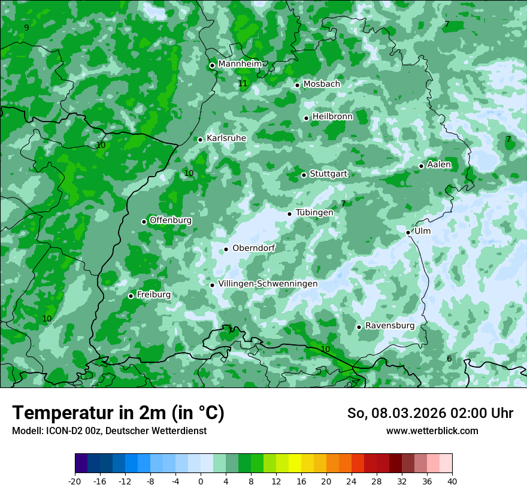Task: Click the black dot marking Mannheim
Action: (212, 66)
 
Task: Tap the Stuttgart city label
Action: (328, 174)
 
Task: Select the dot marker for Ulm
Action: (408, 232)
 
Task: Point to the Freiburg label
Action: (153, 295)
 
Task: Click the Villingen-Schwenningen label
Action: (268, 284)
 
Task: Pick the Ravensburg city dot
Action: (359, 327)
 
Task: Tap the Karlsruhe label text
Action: (226, 138)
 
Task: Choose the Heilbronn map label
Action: (332, 117)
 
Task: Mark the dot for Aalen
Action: (421, 166)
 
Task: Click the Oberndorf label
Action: (254, 248)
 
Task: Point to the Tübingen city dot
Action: (289, 214)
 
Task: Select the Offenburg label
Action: (171, 220)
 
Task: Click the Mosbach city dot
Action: (297, 85)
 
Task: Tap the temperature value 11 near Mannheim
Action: (243, 83)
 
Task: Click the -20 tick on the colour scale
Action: (75, 481)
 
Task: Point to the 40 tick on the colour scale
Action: (452, 481)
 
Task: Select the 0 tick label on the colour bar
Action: (201, 481)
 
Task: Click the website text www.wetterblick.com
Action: (432, 431)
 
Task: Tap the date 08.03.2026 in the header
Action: (404, 413)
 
